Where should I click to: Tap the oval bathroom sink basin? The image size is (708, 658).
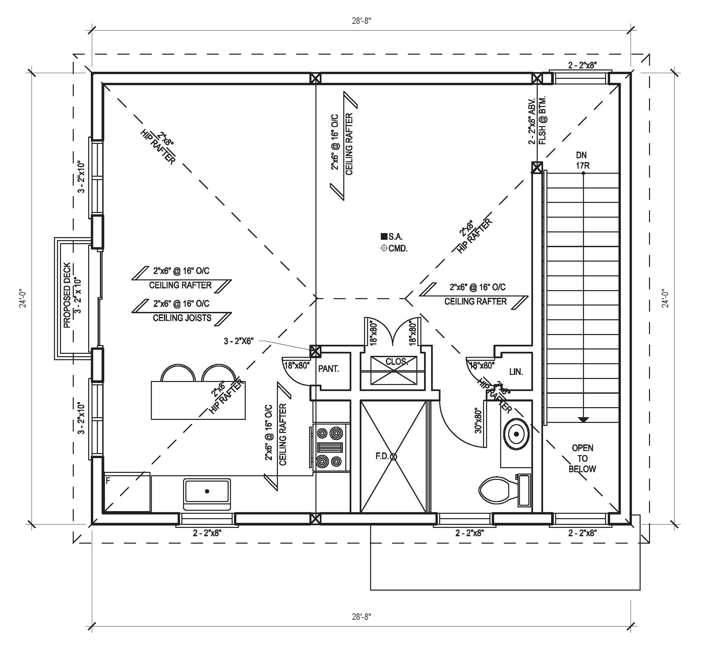tap(516, 434)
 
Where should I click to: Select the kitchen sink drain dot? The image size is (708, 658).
tap(207, 491)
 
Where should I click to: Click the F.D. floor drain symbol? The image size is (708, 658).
tap(393, 456)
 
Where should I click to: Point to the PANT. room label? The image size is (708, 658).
tap(328, 369)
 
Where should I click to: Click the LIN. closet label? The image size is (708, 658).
tap(516, 372)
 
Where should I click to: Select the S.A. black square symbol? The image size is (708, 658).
tap(384, 236)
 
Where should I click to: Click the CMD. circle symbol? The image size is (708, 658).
tap(384, 248)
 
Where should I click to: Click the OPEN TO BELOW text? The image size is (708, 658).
tap(582, 458)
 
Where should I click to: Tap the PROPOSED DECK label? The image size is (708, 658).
tap(67, 295)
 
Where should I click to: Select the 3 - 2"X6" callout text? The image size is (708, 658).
tap(238, 341)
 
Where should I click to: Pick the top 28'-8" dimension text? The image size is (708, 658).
tap(361, 21)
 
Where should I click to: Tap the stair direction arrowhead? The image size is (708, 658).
tap(583, 420)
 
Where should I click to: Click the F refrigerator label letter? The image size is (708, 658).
tap(108, 481)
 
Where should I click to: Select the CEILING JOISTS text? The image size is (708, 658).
tap(182, 318)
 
